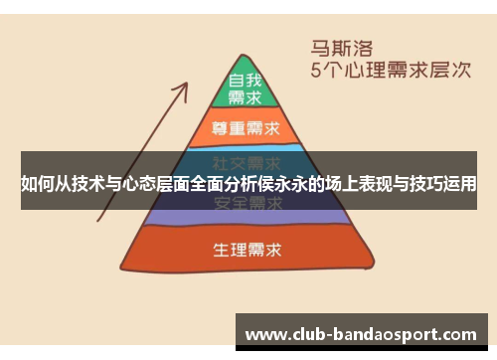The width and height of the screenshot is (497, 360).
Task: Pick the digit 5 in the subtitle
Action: click(x=317, y=71)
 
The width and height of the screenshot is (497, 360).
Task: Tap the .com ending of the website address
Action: click(x=459, y=335)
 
